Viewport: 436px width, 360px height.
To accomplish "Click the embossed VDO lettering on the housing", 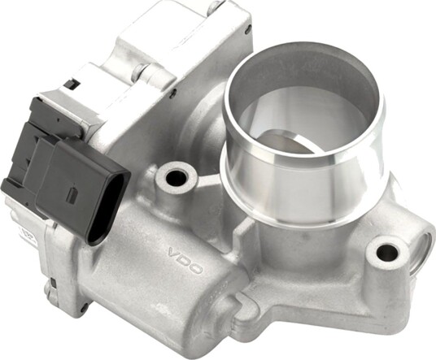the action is pos(185,261).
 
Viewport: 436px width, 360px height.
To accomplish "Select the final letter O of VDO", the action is pos(196,268).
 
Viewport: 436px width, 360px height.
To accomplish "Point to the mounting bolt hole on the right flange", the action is pos(386,252).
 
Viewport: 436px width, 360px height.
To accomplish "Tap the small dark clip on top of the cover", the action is pos(72,85).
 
